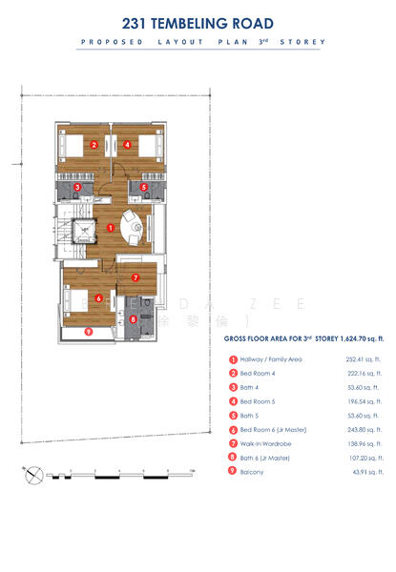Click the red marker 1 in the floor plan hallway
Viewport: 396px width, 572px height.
(x=111, y=228)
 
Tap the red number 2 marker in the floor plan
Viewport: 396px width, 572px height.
(x=94, y=146)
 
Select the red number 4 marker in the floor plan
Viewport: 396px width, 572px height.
(x=127, y=146)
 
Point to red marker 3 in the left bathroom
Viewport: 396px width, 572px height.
(x=76, y=188)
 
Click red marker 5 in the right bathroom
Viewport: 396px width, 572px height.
(x=144, y=188)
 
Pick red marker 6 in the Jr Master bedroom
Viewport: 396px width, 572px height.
(x=99, y=297)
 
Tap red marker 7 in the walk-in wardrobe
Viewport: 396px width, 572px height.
(x=135, y=278)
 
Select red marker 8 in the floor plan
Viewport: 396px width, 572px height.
(x=134, y=319)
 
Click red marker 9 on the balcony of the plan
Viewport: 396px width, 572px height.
(x=89, y=332)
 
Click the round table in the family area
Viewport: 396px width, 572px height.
(x=135, y=229)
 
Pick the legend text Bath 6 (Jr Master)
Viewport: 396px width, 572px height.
(x=270, y=459)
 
